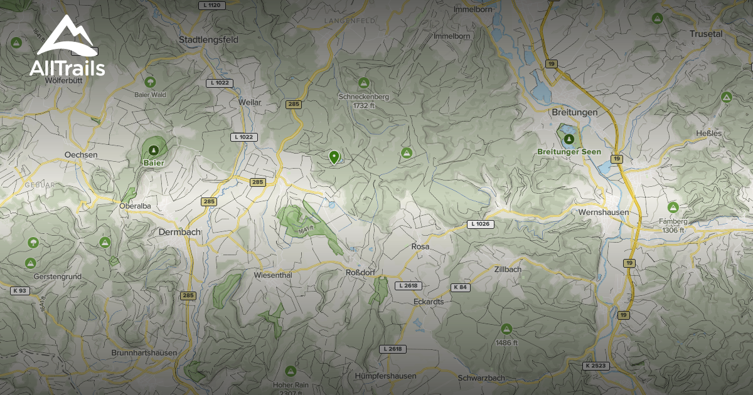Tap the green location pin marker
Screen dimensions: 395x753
click(334, 157)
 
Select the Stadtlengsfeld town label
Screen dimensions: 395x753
click(208, 39)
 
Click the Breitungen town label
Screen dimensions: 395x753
click(574, 112)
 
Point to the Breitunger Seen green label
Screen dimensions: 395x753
click(569, 152)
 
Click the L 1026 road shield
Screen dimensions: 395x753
click(481, 224)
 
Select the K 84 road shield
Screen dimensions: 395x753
click(460, 287)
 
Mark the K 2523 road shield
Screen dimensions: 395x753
click(595, 366)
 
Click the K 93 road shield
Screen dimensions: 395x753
click(19, 290)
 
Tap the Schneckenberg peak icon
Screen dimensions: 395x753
click(363, 83)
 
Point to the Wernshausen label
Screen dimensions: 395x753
click(604, 213)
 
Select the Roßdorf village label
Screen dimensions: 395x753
click(360, 273)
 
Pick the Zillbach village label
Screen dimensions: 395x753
click(508, 269)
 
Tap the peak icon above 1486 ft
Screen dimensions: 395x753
click(506, 329)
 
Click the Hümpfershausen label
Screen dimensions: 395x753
click(385, 376)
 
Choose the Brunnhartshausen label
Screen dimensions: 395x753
click(144, 353)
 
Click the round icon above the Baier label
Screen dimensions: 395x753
click(154, 149)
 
